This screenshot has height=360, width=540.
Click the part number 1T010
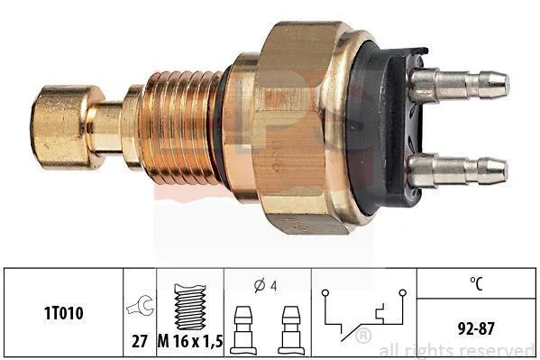coord(63,313)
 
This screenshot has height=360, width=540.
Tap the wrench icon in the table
coord(140,306)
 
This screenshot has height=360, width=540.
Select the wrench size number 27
coord(140,341)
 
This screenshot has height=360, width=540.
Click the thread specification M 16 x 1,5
coord(190,341)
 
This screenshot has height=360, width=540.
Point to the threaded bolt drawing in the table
coord(190,307)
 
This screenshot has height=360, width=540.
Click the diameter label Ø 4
coord(265,285)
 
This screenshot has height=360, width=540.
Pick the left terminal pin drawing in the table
coord(243,330)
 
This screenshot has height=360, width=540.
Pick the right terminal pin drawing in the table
coord(291,330)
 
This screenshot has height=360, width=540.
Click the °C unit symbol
coord(476,283)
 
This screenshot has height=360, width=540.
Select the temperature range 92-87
coord(476,328)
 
